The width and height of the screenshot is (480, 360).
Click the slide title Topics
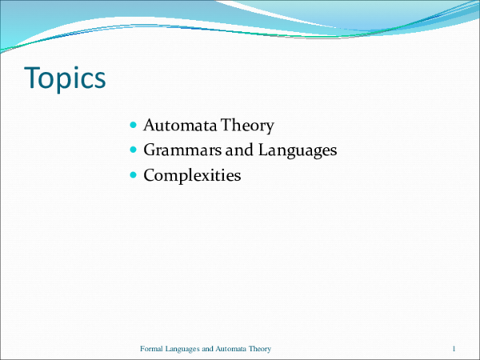click(65, 78)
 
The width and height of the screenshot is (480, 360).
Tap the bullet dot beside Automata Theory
click(133, 126)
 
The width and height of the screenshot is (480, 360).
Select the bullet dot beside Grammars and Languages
click(133, 150)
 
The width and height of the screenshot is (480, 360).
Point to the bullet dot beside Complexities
click(133, 174)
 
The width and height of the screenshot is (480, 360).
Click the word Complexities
click(192, 174)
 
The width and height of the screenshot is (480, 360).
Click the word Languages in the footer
click(182, 350)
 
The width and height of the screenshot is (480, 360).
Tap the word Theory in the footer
click(262, 350)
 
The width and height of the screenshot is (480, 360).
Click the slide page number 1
click(454, 349)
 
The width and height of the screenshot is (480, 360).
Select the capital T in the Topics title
click(33, 78)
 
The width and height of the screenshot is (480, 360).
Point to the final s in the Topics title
click(99, 81)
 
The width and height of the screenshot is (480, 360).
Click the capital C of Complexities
click(149, 174)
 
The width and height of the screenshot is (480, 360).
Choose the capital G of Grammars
click(150, 150)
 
